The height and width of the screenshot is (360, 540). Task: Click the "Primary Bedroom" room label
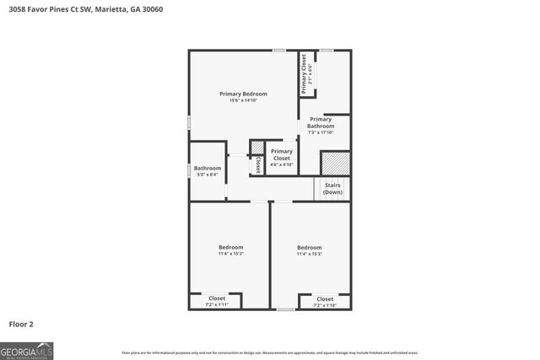tap(243, 94)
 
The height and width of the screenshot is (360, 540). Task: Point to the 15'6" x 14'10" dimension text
tap(243, 100)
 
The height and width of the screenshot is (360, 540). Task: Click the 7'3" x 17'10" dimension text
tap(320, 132)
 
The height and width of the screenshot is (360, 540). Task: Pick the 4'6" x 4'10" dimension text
tap(281, 164)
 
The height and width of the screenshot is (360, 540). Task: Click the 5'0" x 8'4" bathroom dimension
tap(207, 175)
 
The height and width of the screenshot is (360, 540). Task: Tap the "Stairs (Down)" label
tap(332, 189)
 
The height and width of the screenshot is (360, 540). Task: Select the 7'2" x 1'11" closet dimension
tap(217, 304)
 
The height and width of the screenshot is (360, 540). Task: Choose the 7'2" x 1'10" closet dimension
tap(325, 305)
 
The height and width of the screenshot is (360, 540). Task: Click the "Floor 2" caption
tap(21, 323)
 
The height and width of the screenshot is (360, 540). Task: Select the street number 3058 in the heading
tap(18, 9)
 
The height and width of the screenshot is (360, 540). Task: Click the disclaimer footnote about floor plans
tap(270, 352)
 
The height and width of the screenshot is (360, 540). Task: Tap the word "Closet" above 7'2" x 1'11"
tap(217, 298)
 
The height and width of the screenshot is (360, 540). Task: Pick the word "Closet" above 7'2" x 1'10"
tap(325, 298)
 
